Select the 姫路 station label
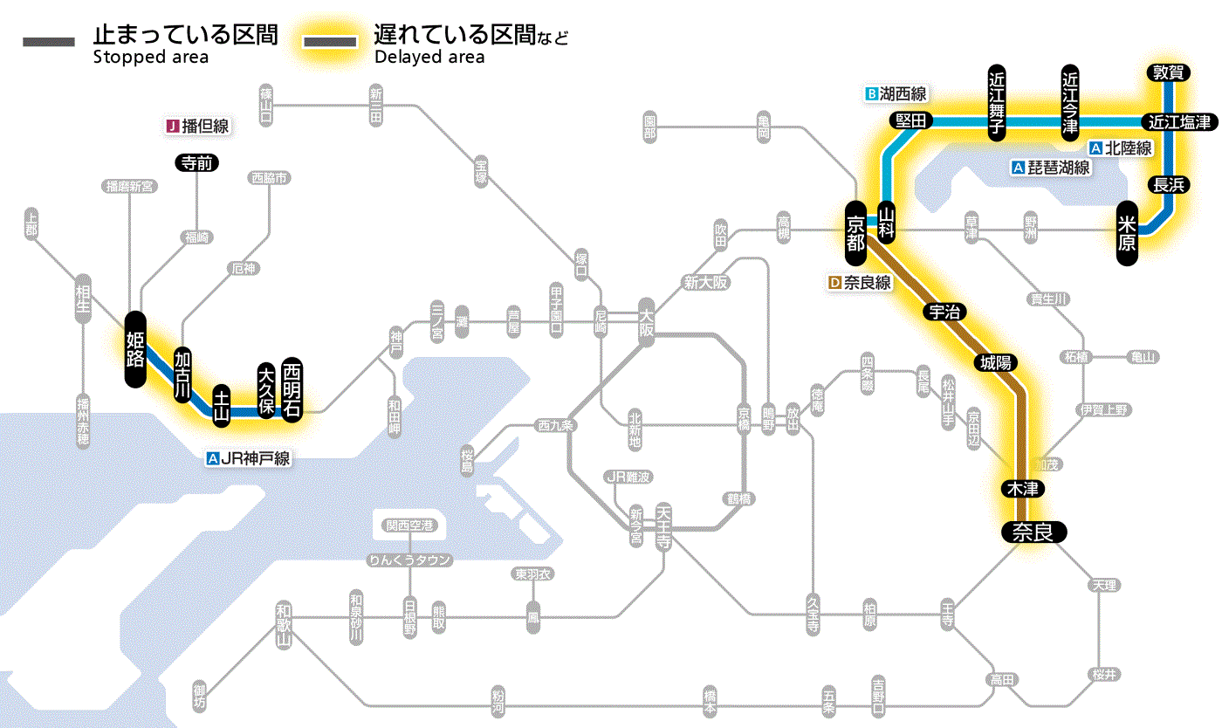click(x=135, y=348)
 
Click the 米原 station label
click(x=1128, y=232)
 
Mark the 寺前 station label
click(x=197, y=162)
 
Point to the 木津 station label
click(x=1023, y=489)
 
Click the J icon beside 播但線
click(x=173, y=127)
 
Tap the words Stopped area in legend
click(x=150, y=58)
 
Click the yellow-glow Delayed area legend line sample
click(x=329, y=42)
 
